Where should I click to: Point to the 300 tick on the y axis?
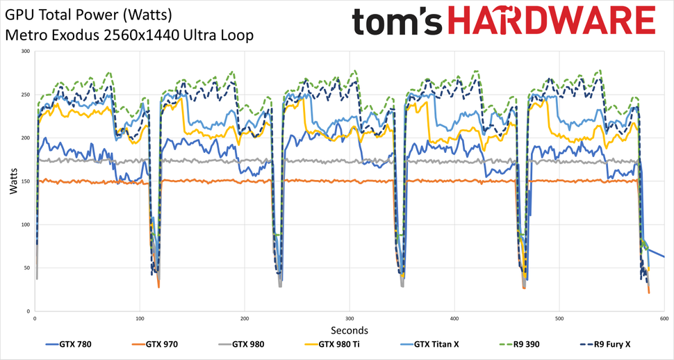coord(25,51)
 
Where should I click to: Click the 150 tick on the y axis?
coord(25,181)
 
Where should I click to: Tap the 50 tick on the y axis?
coord(26,268)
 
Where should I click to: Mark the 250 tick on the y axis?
coord(25,95)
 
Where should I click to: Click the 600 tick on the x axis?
coord(664,318)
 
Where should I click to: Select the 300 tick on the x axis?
coord(349,318)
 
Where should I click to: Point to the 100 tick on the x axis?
coord(140,318)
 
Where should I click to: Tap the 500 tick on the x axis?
coord(559,318)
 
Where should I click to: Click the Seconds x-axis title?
coord(349,330)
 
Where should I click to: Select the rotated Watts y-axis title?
coord(14,181)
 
